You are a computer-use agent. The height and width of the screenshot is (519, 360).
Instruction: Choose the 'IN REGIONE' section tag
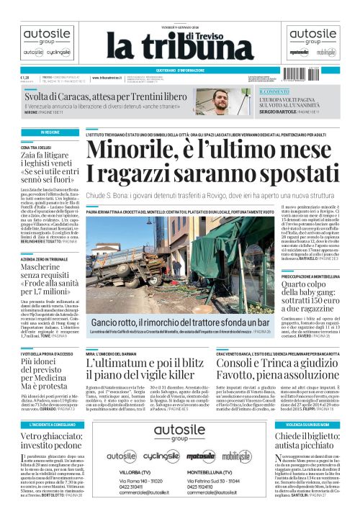pos(31,133)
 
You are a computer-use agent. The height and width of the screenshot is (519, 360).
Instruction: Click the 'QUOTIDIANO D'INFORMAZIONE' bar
pos(180,70)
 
